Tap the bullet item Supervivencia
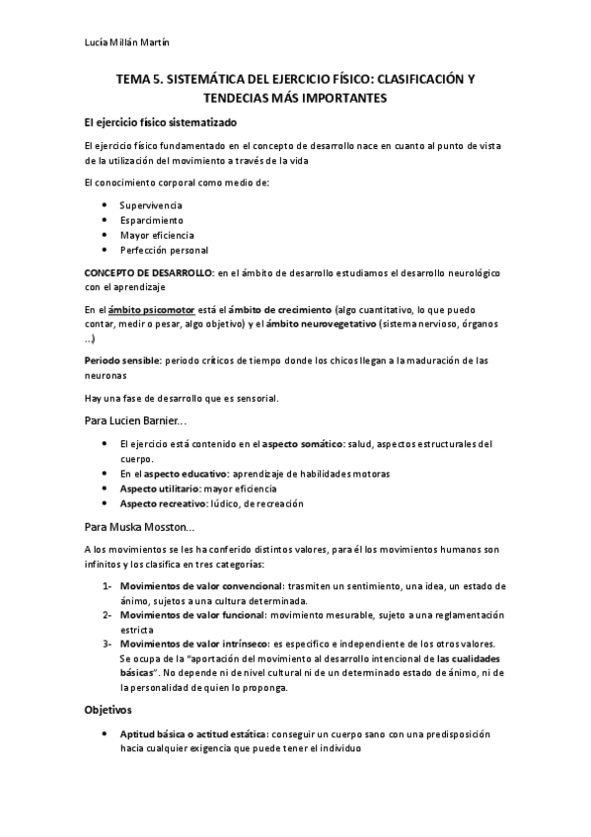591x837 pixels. pyautogui.click(x=151, y=203)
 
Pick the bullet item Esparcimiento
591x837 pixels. pyautogui.click(x=151, y=219)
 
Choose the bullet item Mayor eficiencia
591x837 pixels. pyautogui.click(x=157, y=235)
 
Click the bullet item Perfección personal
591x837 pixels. pyautogui.click(x=164, y=250)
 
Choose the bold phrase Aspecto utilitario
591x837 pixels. pyautogui.click(x=167, y=489)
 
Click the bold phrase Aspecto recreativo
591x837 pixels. pyautogui.click(x=168, y=503)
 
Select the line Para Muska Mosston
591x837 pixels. pyautogui.click(x=138, y=527)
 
